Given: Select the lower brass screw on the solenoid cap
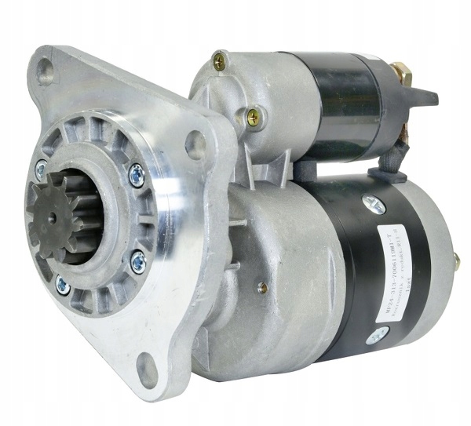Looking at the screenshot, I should coord(253,117).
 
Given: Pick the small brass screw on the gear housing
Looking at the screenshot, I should coord(263,288).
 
